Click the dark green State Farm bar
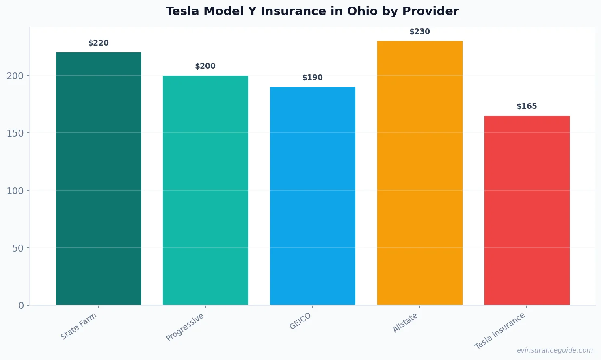[x=99, y=179]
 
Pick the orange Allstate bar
[x=419, y=173]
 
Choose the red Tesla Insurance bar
[x=527, y=210]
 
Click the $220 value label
[x=99, y=43]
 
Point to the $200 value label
[x=205, y=66]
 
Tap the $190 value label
[x=313, y=78]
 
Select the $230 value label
[x=419, y=32]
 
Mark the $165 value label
[x=527, y=106]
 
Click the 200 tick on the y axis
[x=15, y=76]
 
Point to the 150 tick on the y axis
[x=15, y=133]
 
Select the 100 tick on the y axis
[x=15, y=191]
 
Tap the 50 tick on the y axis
[x=18, y=248]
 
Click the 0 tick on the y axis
[x=21, y=306]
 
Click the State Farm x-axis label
[x=79, y=326]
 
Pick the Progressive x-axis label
[x=185, y=327]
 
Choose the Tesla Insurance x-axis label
[x=500, y=331]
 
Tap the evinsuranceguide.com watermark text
[x=555, y=350]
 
